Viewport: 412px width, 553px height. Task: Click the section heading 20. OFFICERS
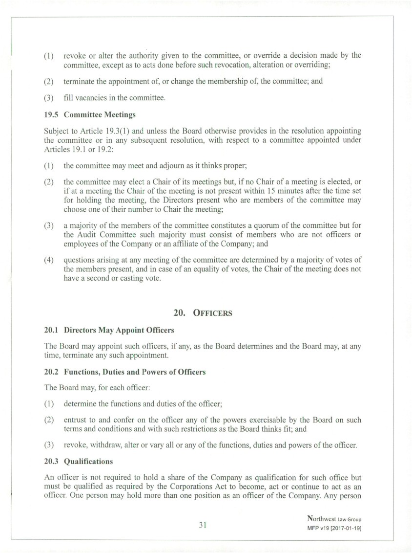click(x=203, y=313)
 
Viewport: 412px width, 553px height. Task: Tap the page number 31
click(x=203, y=525)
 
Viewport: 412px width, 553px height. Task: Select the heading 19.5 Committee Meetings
click(x=90, y=115)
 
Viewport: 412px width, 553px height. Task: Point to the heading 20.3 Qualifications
click(x=78, y=462)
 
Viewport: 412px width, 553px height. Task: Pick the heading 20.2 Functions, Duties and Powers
click(x=124, y=372)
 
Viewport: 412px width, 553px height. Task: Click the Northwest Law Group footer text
click(x=334, y=519)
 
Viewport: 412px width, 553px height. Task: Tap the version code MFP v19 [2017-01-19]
click(x=334, y=529)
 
